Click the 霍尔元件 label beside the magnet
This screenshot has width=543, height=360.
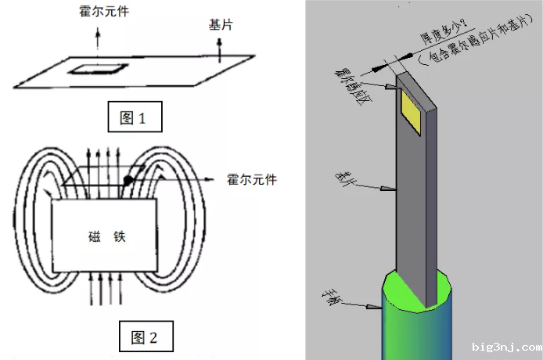[x=250, y=179]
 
